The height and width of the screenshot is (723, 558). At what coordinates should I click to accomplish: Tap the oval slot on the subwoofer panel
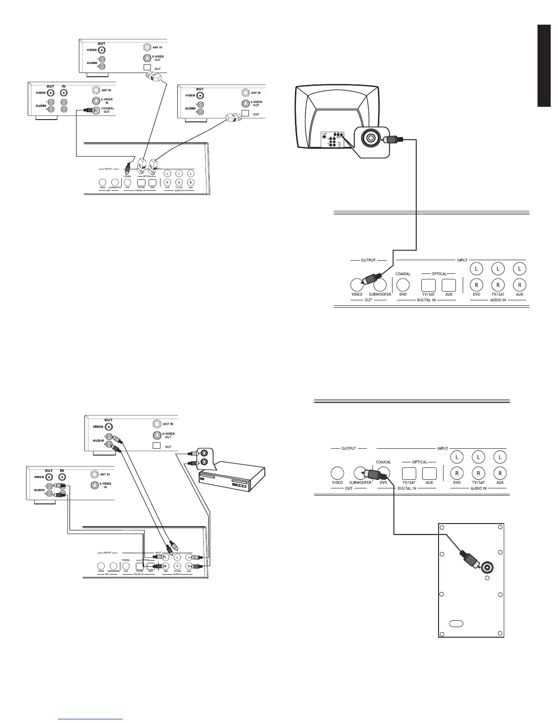coord(456,623)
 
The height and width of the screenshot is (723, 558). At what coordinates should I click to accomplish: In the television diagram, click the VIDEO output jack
coord(356,285)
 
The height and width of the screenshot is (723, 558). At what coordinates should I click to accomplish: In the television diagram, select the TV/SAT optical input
coord(429,285)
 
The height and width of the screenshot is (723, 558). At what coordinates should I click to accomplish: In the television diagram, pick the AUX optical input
coord(449,285)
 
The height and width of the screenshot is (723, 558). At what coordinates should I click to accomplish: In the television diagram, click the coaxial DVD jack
coord(403,285)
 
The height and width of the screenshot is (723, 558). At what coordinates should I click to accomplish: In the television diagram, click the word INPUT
coord(462,260)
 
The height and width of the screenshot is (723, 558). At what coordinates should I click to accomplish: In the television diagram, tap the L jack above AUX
coord(520,269)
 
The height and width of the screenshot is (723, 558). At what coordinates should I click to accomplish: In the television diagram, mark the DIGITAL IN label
coord(426,300)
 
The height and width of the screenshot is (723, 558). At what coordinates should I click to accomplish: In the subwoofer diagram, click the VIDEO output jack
coord(337,473)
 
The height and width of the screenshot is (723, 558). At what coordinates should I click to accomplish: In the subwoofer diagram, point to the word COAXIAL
coord(383,462)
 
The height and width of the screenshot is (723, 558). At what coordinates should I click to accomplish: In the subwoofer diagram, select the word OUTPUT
coord(349,448)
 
